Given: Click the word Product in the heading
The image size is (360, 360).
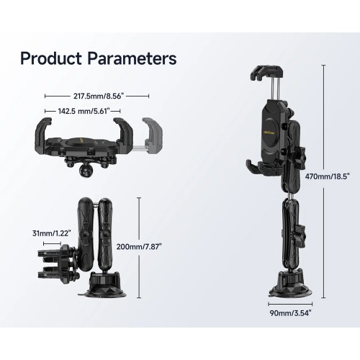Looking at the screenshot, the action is pos(51,58).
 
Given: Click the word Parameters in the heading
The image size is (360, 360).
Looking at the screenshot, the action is pos(132,58).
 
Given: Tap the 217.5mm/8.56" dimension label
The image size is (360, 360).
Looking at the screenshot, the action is pos(98,96).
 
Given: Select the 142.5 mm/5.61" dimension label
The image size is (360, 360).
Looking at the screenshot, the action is pos(84,111).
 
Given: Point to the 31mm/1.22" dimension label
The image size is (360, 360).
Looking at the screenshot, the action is pos(52,233).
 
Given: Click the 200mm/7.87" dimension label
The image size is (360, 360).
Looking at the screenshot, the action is pos(139,247).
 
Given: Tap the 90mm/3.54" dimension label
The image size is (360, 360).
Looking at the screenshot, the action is pos(291,313).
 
